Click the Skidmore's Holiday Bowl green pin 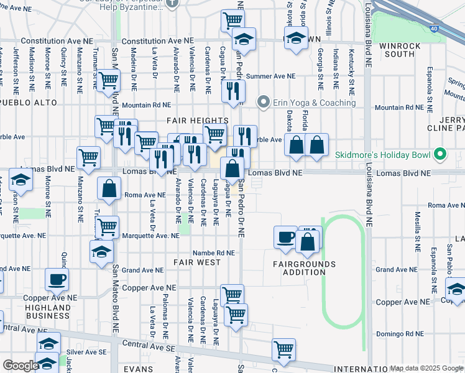click(x=440, y=154)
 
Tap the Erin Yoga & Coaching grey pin click(x=264, y=102)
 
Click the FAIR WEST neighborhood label click(x=197, y=262)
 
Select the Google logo click(x=20, y=366)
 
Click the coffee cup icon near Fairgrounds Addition click(x=285, y=237)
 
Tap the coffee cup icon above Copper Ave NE click(x=57, y=279)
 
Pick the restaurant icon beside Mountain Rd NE click(x=233, y=91)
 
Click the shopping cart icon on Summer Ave click(x=109, y=80)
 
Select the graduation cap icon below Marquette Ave click(x=101, y=252)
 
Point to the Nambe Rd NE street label click(x=213, y=253)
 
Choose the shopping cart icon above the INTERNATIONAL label click(x=283, y=349)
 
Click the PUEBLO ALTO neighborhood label click(x=29, y=102)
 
